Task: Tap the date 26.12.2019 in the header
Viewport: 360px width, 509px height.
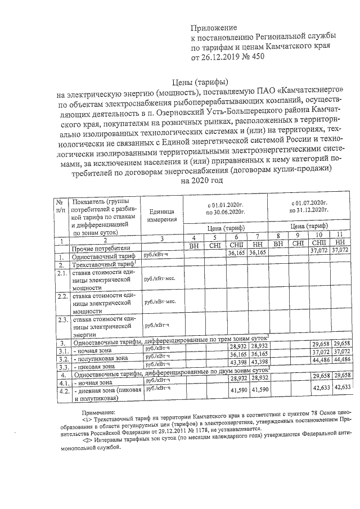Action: point(222,57)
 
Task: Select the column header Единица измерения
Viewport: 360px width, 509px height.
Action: point(163,214)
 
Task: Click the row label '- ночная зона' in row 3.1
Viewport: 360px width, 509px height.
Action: point(92,349)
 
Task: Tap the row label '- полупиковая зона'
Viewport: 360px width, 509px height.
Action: point(101,358)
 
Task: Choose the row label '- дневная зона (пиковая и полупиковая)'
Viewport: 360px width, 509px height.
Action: point(105,393)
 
